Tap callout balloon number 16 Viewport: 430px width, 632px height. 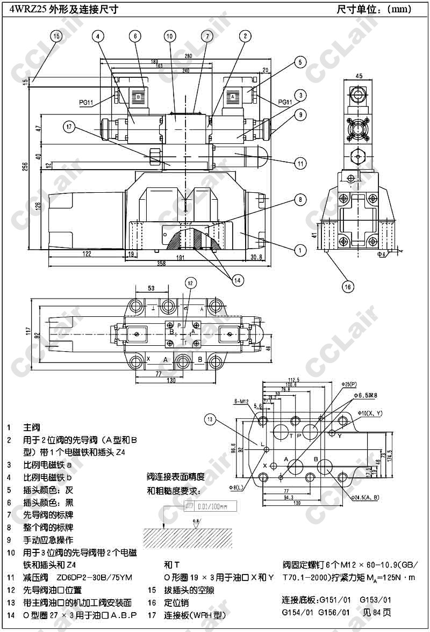click(348, 287)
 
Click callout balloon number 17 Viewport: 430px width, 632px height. click(68, 127)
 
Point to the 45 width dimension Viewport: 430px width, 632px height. click(359, 76)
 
